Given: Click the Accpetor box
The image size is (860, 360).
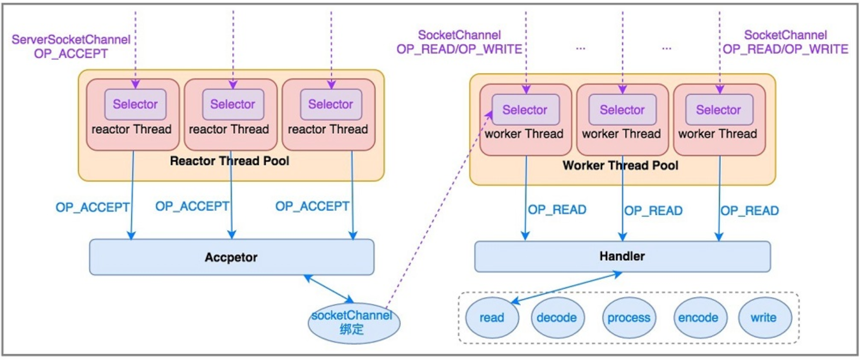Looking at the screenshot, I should pyautogui.click(x=231, y=257).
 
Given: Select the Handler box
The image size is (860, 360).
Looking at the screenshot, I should pyautogui.click(x=622, y=256).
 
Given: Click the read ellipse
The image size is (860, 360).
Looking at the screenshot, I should pyautogui.click(x=492, y=318).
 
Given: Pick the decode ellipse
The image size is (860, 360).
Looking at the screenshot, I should pyautogui.click(x=557, y=318).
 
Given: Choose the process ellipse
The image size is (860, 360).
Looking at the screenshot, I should pyautogui.click(x=629, y=318).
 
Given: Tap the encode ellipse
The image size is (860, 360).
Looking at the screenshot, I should pyautogui.click(x=699, y=318).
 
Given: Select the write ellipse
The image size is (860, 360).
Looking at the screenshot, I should pyautogui.click(x=764, y=318).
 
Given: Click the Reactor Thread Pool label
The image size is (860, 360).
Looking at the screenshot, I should pyautogui.click(x=229, y=161).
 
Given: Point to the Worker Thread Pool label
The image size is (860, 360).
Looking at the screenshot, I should pyautogui.click(x=620, y=166).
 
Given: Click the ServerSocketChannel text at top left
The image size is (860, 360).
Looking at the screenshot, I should pyautogui.click(x=71, y=40).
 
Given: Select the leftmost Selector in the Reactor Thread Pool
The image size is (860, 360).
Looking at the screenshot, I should pyautogui.click(x=135, y=104).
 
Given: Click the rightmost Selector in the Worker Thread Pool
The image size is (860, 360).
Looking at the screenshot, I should pyautogui.click(x=719, y=110).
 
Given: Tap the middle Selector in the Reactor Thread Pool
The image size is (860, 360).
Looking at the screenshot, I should pyautogui.click(x=233, y=104).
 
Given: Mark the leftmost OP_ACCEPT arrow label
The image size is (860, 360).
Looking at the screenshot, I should pyautogui.click(x=92, y=208).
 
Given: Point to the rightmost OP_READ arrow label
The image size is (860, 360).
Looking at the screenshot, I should pyautogui.click(x=750, y=211).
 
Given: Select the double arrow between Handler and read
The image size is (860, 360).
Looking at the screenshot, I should pyautogui.click(x=566, y=288).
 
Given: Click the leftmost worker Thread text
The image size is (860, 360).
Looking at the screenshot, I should pyautogui.click(x=524, y=134).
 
